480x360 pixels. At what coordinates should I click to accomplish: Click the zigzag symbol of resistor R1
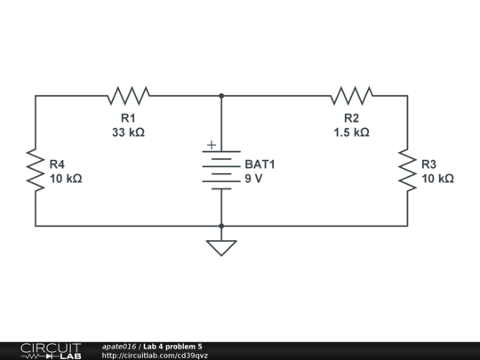coord(128,95)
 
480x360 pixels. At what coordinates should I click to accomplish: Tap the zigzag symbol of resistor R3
coord(408,171)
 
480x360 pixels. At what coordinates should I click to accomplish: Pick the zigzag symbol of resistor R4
coord(36,171)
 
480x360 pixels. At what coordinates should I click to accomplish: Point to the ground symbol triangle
coord(220,247)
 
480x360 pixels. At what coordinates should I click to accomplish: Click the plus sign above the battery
coord(211,145)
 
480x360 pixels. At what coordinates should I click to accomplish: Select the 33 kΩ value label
coord(128,132)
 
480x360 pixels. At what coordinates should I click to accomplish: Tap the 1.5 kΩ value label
coord(351,132)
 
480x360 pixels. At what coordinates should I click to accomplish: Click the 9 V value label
coord(254,179)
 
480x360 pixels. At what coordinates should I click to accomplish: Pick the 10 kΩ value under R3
coord(437,179)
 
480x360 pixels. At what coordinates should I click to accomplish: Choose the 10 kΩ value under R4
coord(66,179)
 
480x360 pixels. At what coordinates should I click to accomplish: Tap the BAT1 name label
coord(260,164)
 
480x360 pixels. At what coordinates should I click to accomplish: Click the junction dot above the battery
coord(220,95)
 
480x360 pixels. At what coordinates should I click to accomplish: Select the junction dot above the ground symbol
coord(220,226)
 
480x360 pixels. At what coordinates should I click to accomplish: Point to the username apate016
coord(119,346)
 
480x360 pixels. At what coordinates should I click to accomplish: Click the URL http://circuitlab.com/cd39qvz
coord(156,356)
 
